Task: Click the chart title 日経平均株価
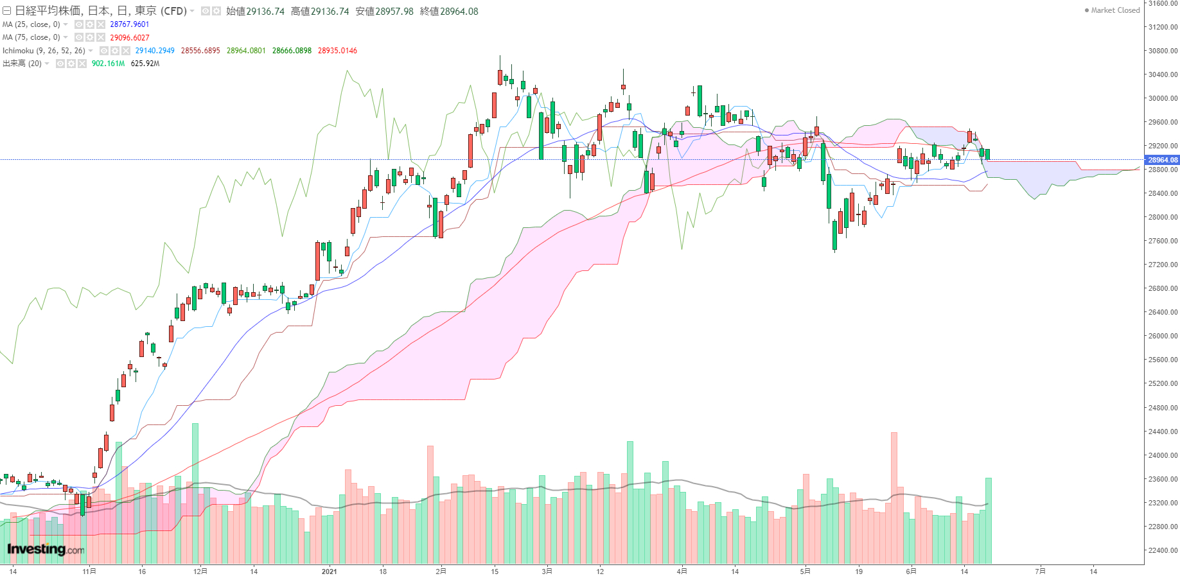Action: pos(48,11)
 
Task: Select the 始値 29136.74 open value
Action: pos(255,12)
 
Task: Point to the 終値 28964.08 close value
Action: pos(449,12)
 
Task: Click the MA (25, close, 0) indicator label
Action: pos(31,24)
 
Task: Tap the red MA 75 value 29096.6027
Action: pos(130,38)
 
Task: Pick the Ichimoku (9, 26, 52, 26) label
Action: pos(44,51)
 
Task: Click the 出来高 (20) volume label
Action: pos(22,64)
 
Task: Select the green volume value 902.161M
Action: pos(108,64)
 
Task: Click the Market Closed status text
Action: pos(1115,10)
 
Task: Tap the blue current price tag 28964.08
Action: pos(1163,160)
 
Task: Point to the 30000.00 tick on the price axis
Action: pos(1163,98)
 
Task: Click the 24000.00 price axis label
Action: pos(1163,455)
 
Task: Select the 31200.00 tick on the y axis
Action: pos(1163,27)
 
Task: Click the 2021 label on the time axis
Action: pos(329,571)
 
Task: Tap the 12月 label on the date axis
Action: pos(200,571)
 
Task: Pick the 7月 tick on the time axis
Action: pos(1040,571)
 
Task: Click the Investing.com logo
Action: pos(46,549)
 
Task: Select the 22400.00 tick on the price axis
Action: pos(1163,550)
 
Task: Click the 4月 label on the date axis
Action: pos(682,571)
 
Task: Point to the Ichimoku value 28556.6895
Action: pos(200,51)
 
